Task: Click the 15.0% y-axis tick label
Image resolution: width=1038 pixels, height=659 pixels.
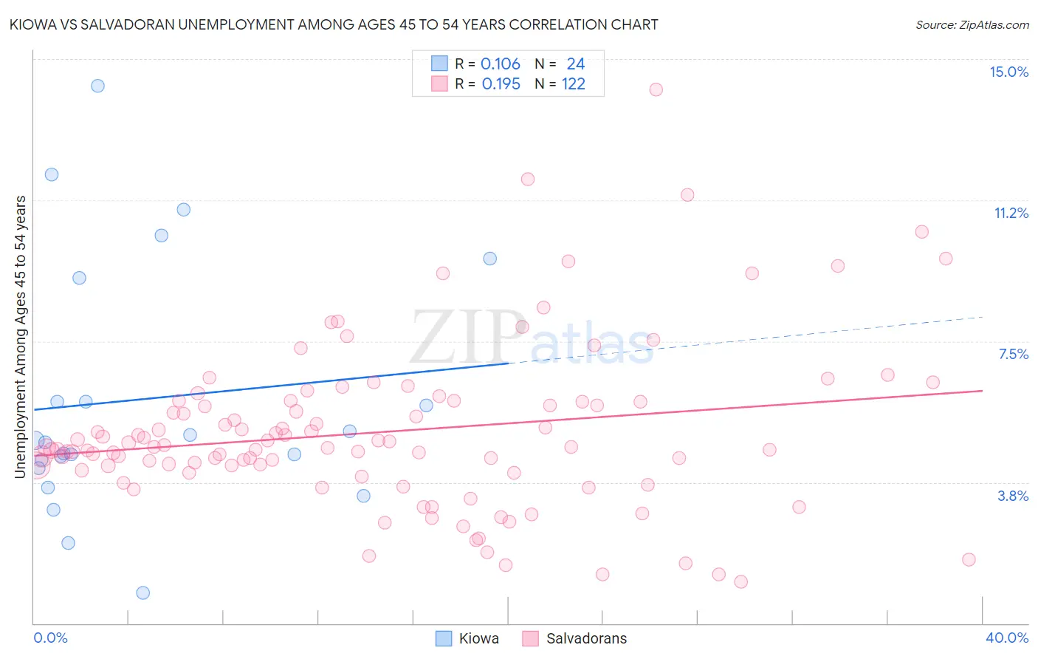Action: point(1008,72)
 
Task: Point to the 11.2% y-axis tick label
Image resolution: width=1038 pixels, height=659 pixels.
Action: point(1011,213)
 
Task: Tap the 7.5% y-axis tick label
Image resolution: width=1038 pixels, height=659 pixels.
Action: point(1013,354)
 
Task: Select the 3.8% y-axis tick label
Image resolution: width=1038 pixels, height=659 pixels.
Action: point(1013,496)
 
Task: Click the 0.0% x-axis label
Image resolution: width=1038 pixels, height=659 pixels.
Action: point(50,638)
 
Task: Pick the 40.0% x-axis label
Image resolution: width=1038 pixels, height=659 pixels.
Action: point(1007,638)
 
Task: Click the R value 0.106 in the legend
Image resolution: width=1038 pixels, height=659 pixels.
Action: point(501,64)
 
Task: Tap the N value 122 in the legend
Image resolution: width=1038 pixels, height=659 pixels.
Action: point(574,84)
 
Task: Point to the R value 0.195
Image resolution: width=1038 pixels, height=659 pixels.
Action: point(501,84)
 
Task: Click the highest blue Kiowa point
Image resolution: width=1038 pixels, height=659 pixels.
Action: point(97,86)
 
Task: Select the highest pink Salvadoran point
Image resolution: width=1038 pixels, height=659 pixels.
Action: point(656,89)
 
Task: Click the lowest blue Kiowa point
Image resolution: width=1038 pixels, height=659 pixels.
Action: point(143,593)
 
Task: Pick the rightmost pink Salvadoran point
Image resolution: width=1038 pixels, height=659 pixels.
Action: point(969,559)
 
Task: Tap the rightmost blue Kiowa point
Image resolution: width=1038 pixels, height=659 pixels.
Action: point(489,259)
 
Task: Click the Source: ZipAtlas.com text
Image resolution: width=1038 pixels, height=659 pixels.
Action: point(972,24)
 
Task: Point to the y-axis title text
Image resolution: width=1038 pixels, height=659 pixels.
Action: point(21,336)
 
